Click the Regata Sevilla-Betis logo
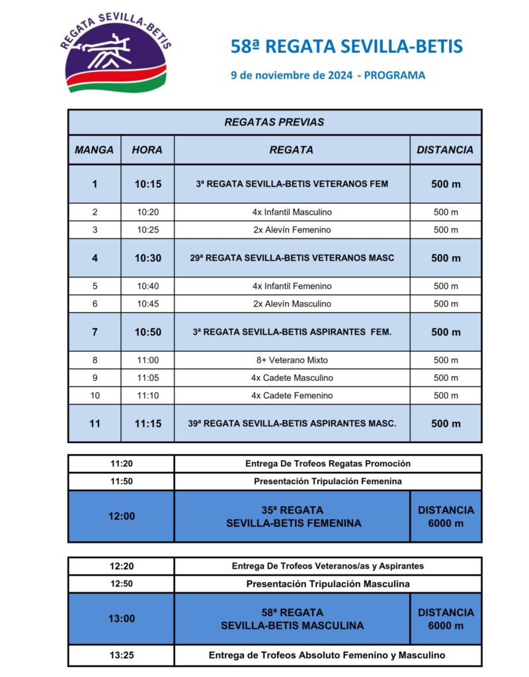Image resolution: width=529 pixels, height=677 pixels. pos(116,54)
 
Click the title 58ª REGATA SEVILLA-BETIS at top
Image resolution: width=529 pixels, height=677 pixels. pos(346,46)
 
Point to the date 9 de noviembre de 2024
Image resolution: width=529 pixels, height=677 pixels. pos(291,75)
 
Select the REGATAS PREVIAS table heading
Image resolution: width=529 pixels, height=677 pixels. pos(274,122)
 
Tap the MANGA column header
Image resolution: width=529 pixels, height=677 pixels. pos(94,150)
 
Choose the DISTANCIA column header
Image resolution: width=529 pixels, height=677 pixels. pos(445,150)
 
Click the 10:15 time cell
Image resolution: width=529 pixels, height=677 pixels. pos(147,184)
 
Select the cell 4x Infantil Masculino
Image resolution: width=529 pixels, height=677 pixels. pos(292,212)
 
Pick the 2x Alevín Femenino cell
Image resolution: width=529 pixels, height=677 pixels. pos(292,230)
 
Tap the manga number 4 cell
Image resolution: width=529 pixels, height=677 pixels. pos(94,259)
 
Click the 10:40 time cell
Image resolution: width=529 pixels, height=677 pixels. pos(147,286)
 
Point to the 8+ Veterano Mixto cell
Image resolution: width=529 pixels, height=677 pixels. pos(292,360)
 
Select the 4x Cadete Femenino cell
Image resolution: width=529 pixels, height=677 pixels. pos(292,395)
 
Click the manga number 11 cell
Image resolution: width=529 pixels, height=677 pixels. pos(94,424)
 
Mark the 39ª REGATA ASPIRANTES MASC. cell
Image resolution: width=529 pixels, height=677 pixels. pos(292,424)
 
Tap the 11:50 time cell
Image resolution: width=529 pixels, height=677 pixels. pos(121,481)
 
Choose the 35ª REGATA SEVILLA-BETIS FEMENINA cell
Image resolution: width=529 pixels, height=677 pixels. pos(292,516)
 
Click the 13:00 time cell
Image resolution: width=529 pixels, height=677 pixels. pos(121,619)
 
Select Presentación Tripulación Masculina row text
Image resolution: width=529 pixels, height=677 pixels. pos(328,584)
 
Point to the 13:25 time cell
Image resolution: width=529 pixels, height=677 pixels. pos(121,656)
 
